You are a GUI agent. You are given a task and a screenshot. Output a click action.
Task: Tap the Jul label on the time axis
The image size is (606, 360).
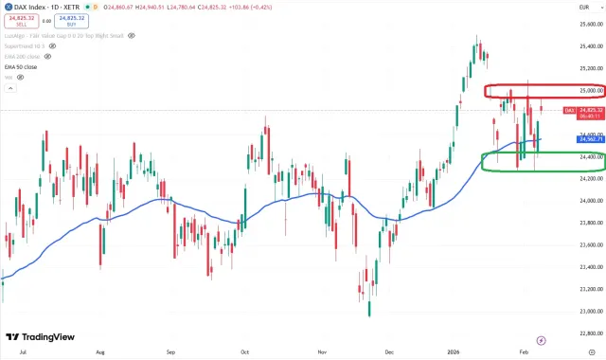pos(21,350)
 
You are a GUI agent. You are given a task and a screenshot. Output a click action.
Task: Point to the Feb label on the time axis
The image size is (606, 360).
pos(525,350)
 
